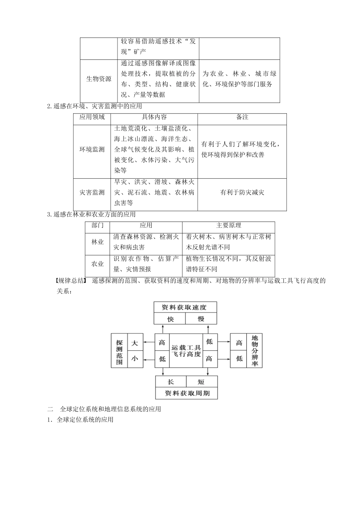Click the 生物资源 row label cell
(99, 79)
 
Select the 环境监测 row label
(92, 149)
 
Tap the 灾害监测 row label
(92, 192)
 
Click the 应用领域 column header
(92, 117)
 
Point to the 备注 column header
(242, 117)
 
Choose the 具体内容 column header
(154, 117)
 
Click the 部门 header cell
(98, 225)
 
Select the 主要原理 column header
(229, 225)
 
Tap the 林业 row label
(98, 242)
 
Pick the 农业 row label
(98, 264)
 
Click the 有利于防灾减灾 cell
(242, 192)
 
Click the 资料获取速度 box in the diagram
(185, 307)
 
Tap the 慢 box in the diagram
(201, 319)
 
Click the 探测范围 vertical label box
(119, 351)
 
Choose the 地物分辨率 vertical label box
(254, 351)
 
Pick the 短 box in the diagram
(201, 382)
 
